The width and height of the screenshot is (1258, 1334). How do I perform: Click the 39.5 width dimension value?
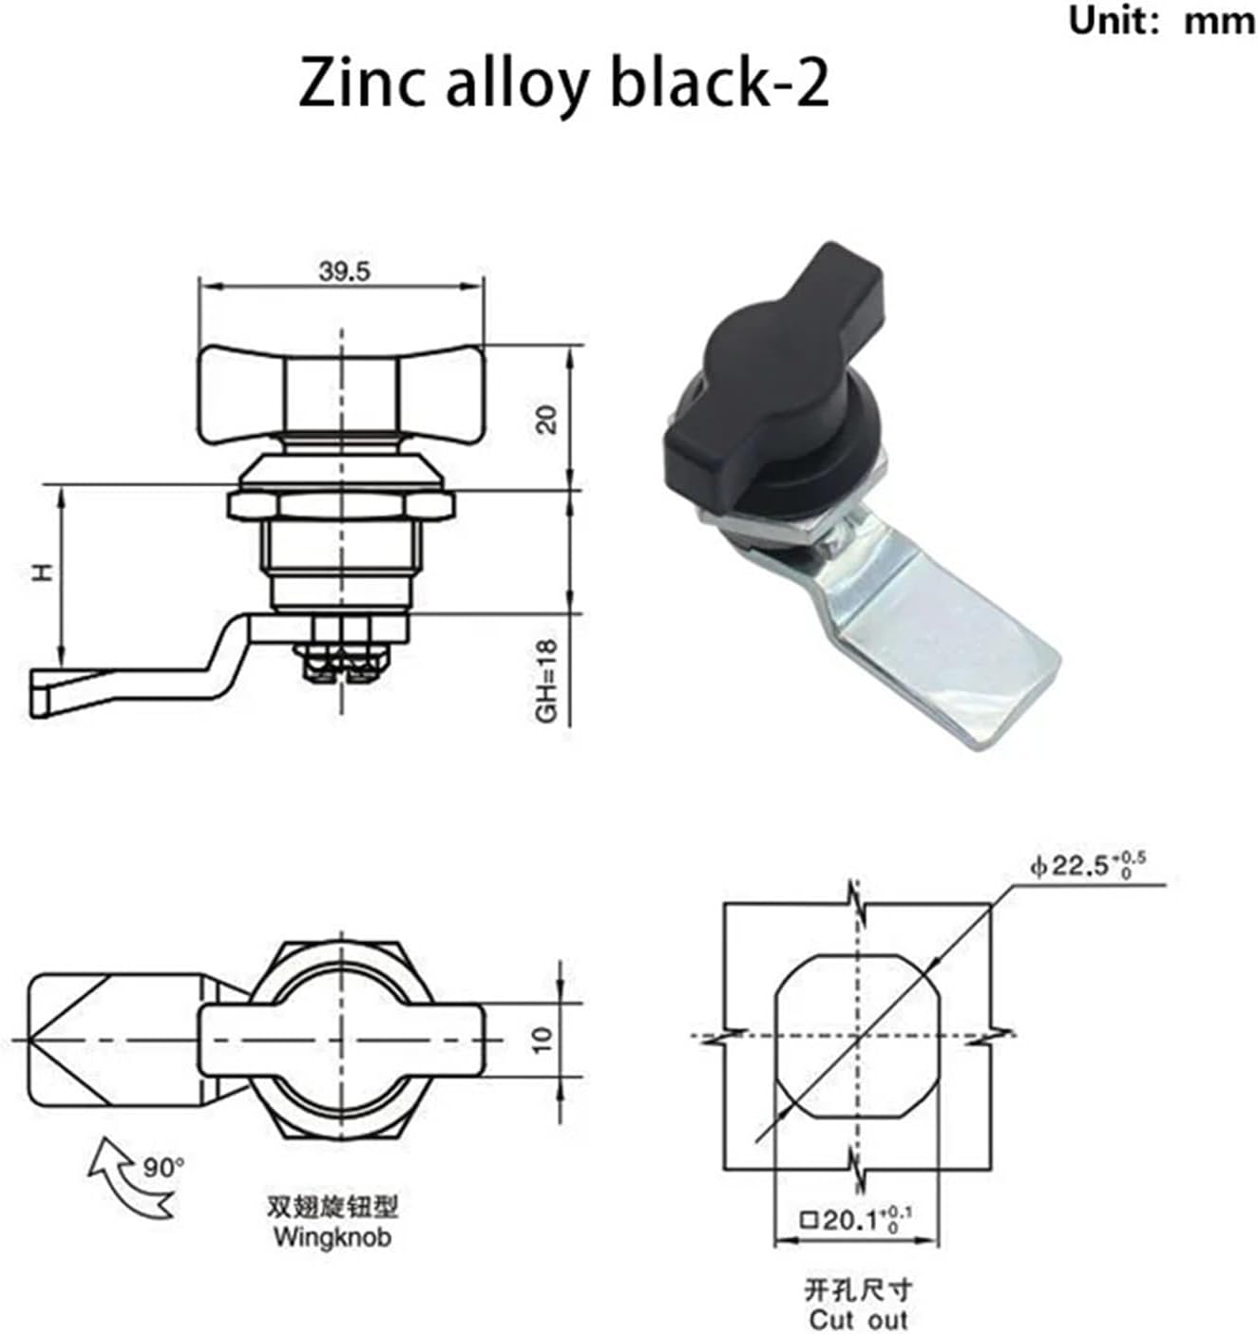coord(344,272)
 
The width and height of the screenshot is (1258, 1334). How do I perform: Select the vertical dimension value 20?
coord(548,419)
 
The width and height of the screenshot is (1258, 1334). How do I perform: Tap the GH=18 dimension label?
coord(548,681)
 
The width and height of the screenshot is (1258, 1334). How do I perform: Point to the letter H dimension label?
coord(44,573)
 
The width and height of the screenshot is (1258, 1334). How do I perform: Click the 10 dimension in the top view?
coord(543,1040)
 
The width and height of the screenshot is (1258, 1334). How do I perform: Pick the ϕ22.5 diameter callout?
coord(1087,866)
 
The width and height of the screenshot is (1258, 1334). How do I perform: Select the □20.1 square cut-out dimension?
coord(855,1220)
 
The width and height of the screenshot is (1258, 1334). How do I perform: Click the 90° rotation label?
coord(163,1168)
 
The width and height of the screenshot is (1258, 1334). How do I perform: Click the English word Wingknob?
coord(333,1237)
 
